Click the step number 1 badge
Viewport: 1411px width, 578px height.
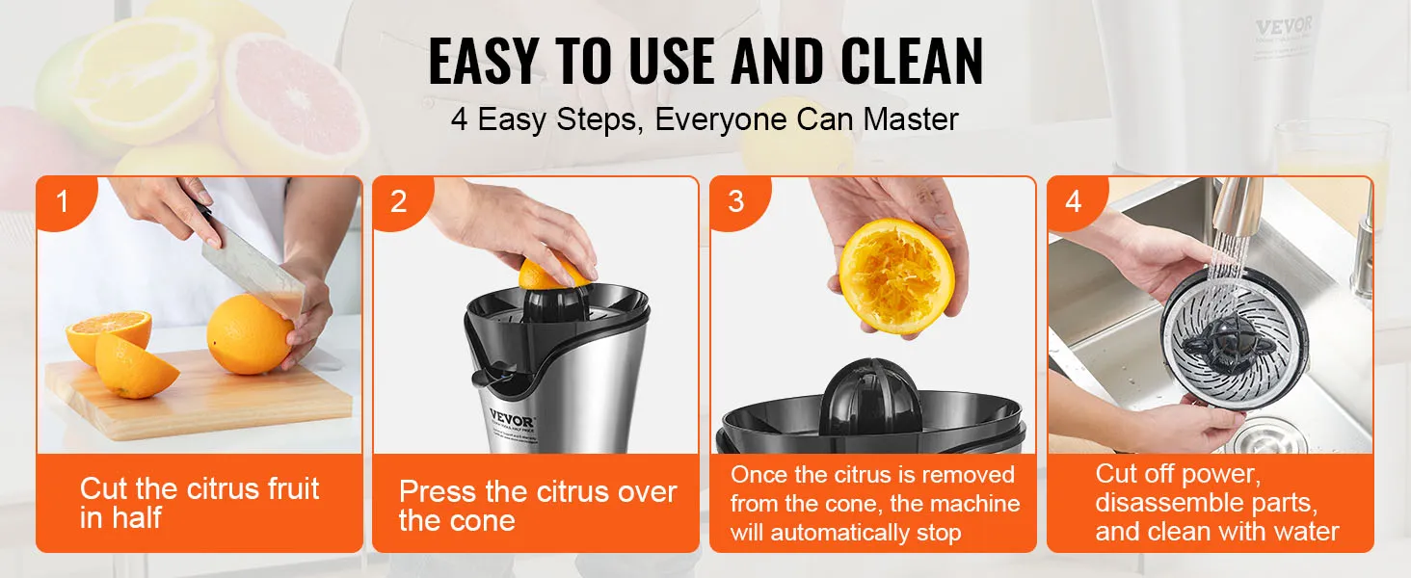coord(63,202)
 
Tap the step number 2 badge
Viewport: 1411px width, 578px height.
coord(399,202)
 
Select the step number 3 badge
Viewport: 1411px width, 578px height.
coord(736,202)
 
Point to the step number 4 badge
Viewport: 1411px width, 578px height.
coord(1073,202)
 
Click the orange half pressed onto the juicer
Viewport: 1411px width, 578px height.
coord(552,274)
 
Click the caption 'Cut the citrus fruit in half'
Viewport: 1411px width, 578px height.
coord(199,502)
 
